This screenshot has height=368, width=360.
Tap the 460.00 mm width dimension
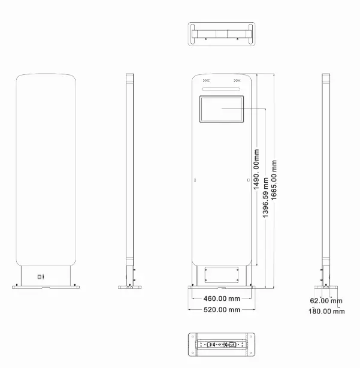click(x=222, y=298)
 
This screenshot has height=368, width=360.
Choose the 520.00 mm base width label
click(x=222, y=310)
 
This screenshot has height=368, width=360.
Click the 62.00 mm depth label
click(x=326, y=301)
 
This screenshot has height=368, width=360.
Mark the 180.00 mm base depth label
click(x=326, y=311)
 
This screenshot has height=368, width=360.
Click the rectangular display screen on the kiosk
click(x=222, y=110)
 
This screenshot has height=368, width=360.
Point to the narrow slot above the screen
click(x=222, y=90)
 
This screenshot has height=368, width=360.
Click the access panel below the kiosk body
click(x=222, y=275)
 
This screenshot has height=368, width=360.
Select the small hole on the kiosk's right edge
click(x=249, y=179)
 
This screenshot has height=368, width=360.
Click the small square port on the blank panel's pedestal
click(x=40, y=277)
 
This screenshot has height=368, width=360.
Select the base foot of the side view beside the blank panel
click(x=129, y=287)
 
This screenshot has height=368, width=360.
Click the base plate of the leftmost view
click(x=46, y=287)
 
